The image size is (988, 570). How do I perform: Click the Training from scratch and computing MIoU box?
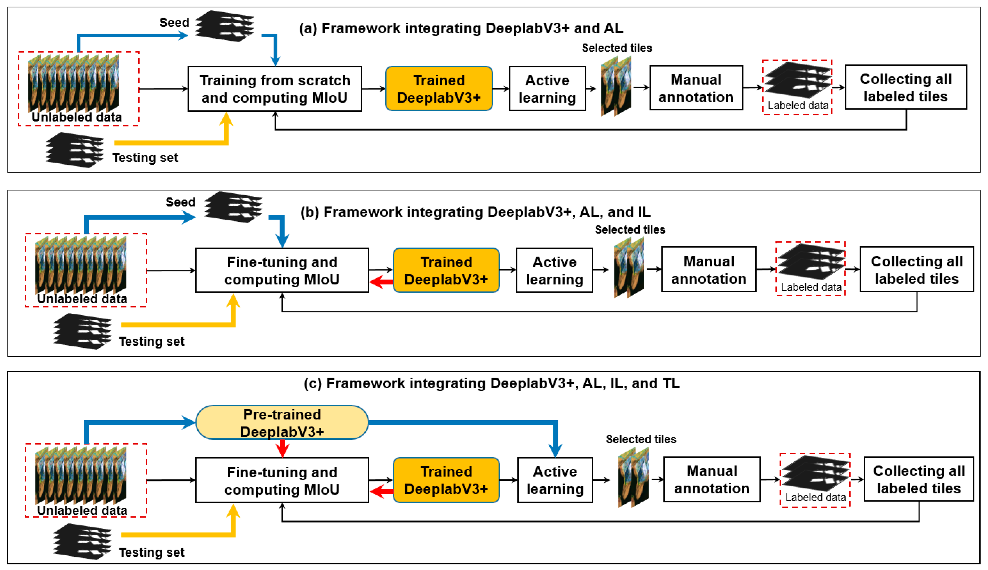click(x=275, y=89)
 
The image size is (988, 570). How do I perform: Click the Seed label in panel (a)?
click(x=174, y=22)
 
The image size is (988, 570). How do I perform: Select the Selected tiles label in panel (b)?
click(x=630, y=229)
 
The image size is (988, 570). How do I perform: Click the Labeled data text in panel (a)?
click(x=798, y=105)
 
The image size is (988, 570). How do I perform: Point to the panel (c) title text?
click(x=492, y=383)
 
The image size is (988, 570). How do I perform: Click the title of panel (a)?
click(x=461, y=28)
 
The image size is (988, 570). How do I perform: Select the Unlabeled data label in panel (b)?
click(x=82, y=299)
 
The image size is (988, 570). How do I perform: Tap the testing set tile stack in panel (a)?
click(x=74, y=150)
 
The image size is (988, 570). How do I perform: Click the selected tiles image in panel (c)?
click(x=633, y=478)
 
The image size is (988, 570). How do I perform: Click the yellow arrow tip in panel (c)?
click(x=234, y=509)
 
